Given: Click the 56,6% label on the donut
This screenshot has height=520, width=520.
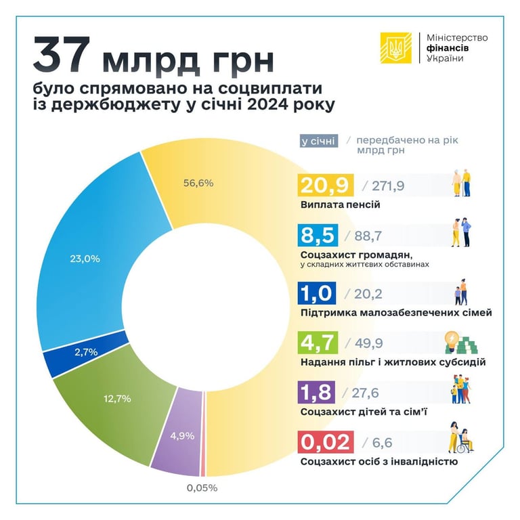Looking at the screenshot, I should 199,183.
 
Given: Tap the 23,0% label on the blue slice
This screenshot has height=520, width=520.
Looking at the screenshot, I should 85,258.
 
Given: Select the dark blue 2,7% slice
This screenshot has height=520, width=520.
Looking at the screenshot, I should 87,352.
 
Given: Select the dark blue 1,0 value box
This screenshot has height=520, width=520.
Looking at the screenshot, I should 317,295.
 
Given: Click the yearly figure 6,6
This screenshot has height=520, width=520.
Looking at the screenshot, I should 375,443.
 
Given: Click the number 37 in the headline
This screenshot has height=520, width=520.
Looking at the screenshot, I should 62,56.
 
